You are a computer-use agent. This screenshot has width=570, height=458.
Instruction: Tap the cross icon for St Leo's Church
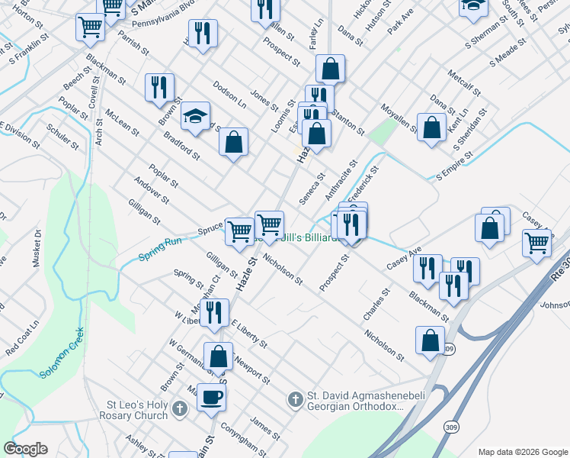coord(179,408)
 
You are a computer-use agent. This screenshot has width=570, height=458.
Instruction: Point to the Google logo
coord(25,449)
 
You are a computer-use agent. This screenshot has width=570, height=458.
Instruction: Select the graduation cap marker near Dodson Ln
coord(196,118)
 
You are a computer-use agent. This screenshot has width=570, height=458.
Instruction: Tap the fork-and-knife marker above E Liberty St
coord(214,313)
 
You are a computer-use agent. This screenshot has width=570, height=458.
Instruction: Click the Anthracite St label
coord(341,179)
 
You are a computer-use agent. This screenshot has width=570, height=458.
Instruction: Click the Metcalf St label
coord(464,82)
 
